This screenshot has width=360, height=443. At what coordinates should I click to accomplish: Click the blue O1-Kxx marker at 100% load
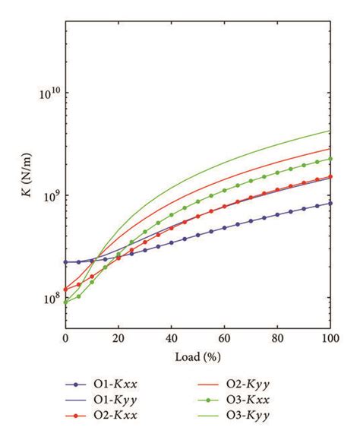(330, 203)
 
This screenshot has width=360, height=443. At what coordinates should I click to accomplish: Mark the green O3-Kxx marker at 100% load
(330, 159)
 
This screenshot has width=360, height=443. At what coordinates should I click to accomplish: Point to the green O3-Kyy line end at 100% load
(330, 131)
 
